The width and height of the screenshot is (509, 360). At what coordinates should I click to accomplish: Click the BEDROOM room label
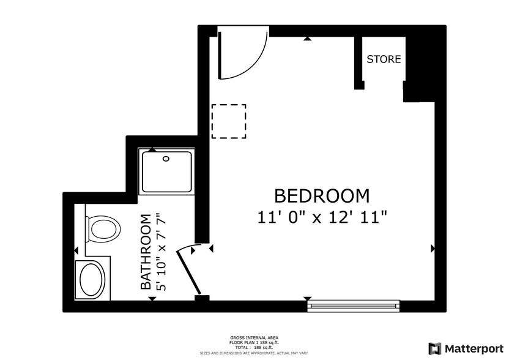[322, 196]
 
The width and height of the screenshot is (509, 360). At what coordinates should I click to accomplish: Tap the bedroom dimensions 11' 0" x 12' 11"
[322, 217]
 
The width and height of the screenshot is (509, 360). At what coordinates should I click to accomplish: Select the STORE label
[384, 59]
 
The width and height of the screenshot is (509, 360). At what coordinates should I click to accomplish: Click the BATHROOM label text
[146, 252]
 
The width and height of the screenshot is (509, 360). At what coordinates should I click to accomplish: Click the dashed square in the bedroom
[229, 121]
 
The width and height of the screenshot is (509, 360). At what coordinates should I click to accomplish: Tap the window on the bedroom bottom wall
[353, 304]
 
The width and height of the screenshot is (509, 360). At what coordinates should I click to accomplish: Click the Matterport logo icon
[434, 348]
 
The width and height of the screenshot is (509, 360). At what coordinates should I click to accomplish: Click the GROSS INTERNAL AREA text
[254, 337]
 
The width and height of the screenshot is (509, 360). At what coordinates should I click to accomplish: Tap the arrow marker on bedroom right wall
[433, 249]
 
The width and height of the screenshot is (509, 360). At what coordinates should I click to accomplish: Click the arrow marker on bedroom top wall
[307, 39]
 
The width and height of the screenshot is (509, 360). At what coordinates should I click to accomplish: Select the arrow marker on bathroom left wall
[76, 250]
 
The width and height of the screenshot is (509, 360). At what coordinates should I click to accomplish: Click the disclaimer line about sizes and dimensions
[254, 353]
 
